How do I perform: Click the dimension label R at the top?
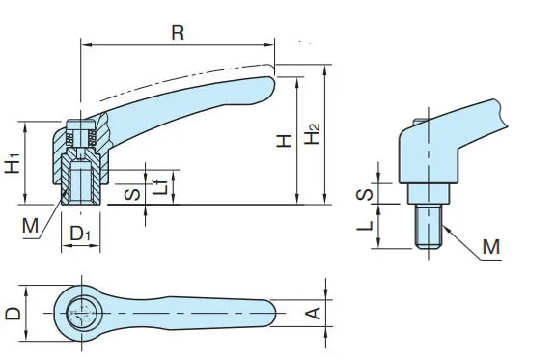pyautogui.click(x=178, y=32)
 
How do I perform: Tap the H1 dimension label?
pyautogui.click(x=13, y=163)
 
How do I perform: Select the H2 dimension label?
pyautogui.click(x=312, y=134)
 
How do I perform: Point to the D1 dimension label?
pyautogui.click(x=80, y=234)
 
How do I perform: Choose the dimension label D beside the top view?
pyautogui.click(x=14, y=314)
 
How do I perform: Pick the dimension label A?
pyautogui.click(x=313, y=314)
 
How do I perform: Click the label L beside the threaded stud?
pyautogui.click(x=365, y=226)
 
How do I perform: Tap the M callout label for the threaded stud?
pyautogui.click(x=491, y=247)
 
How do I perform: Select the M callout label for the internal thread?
pyautogui.click(x=30, y=226)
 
